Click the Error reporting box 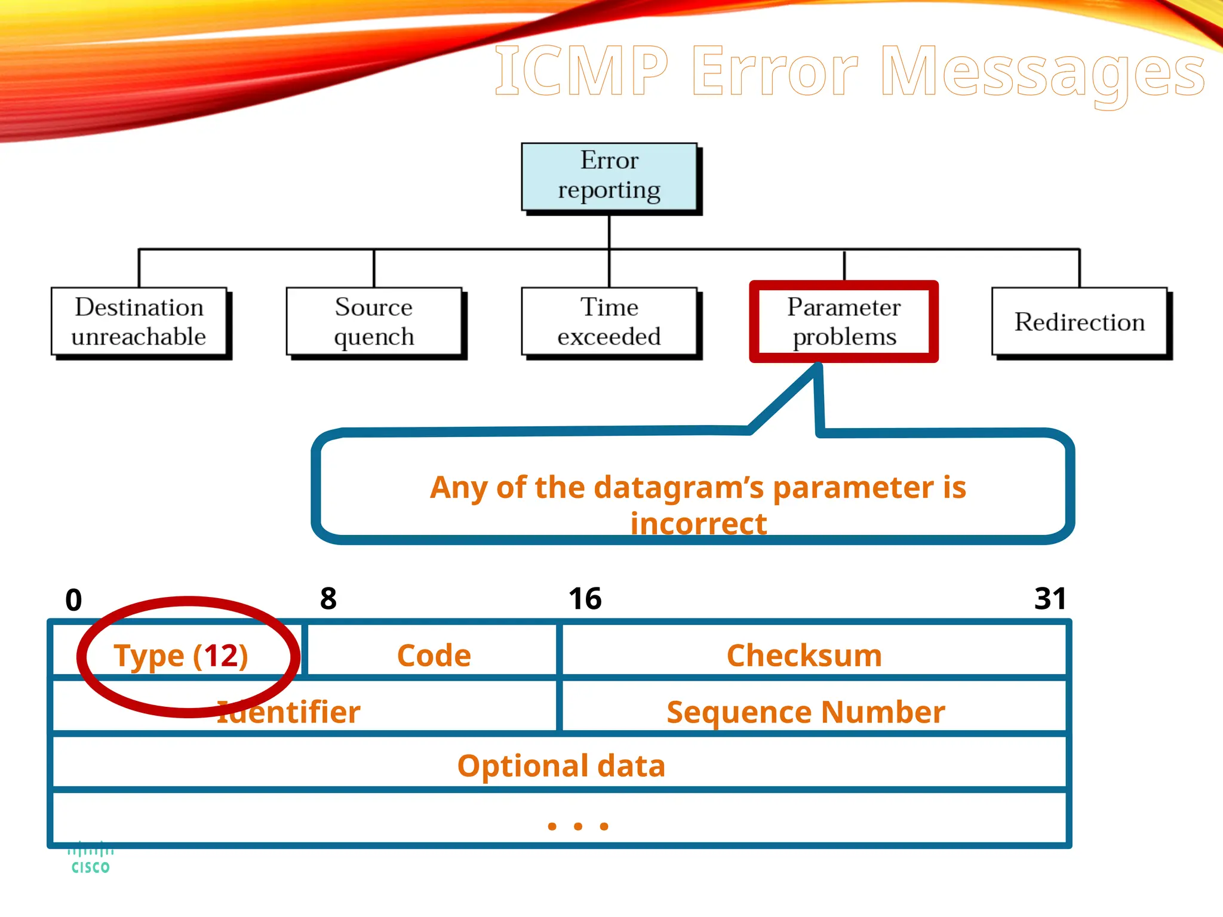[x=609, y=176]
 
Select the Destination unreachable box [x=139, y=322]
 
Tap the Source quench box [x=374, y=322]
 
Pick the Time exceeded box [x=609, y=322]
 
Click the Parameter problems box [x=844, y=322]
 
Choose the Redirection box [x=1079, y=322]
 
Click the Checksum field [x=804, y=656]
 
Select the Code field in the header [x=434, y=656]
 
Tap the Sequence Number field [x=806, y=712]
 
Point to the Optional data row [x=561, y=765]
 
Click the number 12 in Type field [x=221, y=656]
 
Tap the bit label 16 [x=585, y=599]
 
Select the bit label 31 [x=1050, y=599]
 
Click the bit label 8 [x=328, y=599]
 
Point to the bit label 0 [x=73, y=600]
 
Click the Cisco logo [x=90, y=858]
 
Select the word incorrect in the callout [x=698, y=524]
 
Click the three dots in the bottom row [x=577, y=826]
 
